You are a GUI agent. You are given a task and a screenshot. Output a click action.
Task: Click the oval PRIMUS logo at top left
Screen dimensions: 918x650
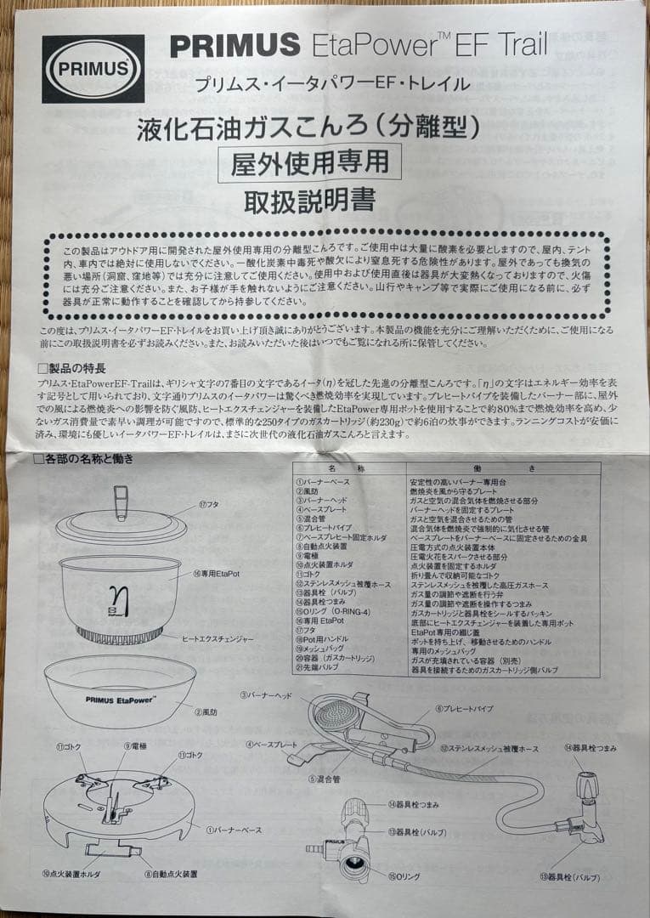[x=93, y=68]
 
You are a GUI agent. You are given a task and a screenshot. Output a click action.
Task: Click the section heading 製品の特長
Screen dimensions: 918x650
[x=76, y=368]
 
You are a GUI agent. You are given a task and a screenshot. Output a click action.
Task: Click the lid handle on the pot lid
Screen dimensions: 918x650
[x=121, y=502]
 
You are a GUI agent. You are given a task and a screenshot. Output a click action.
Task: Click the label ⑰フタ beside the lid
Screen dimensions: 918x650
[x=210, y=505]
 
